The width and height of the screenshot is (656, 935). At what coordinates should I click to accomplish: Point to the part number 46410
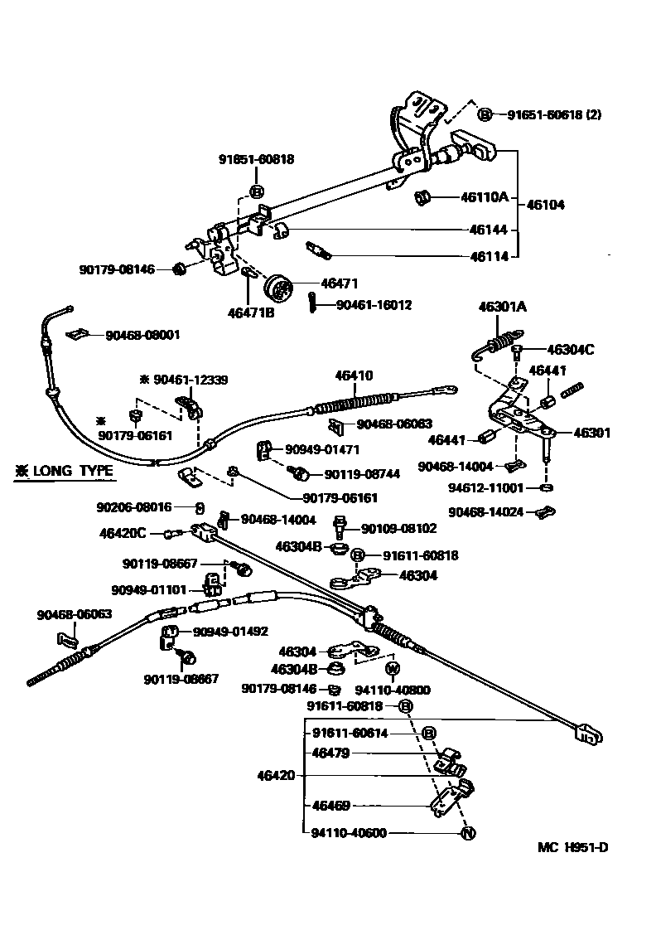(x=354, y=375)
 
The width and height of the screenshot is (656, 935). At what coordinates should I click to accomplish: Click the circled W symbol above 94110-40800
(x=392, y=668)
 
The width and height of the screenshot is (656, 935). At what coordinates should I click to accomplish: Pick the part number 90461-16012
(x=374, y=305)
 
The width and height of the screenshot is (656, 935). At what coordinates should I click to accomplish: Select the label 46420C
(x=123, y=533)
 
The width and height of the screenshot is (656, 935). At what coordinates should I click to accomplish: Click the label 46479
(x=331, y=753)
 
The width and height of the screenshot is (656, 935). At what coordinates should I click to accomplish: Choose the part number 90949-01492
(x=230, y=632)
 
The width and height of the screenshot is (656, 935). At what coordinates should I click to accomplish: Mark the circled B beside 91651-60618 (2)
(x=485, y=115)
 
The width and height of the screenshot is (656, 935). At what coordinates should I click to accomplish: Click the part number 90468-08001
(x=142, y=335)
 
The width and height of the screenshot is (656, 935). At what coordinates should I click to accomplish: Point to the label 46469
(x=331, y=805)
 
